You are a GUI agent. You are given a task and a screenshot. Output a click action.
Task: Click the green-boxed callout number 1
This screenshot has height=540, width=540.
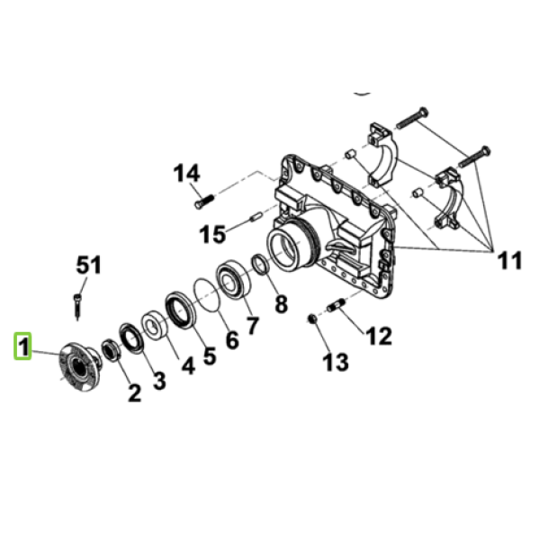pos(22,346)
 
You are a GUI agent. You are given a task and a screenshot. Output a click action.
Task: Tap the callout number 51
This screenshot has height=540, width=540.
pos(89,265)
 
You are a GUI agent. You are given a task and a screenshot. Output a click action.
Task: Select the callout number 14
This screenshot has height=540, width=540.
pos(186,173)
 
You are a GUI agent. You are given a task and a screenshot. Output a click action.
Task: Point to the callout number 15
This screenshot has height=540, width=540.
pos(212,234)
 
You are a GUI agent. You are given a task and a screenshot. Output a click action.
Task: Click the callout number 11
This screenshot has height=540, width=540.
pos(509,260)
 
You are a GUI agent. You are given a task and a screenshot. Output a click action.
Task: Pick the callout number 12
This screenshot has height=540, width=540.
pos(379,336)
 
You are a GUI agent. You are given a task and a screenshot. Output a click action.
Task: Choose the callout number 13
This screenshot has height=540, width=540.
pos(336,362)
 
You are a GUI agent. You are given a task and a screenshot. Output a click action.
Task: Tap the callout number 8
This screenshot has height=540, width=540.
pos(281,304)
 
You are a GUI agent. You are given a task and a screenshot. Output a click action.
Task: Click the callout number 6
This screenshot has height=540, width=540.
pos(232,340)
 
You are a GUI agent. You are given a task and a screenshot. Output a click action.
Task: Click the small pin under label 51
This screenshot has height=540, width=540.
pos(77,307)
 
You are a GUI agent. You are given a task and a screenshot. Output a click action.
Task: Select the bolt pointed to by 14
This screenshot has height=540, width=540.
pos(204,201)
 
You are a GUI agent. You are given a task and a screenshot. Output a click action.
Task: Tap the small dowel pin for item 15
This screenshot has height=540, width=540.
pos(256,218)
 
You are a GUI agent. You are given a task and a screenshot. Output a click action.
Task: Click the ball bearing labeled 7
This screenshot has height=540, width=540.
pos(233,278)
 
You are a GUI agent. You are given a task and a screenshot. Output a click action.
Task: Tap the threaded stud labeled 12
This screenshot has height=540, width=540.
pos(335,305)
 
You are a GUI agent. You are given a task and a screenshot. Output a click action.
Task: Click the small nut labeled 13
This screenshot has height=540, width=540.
pos(312,319)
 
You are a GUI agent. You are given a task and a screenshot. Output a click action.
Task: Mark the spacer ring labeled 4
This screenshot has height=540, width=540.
pos(155,325)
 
